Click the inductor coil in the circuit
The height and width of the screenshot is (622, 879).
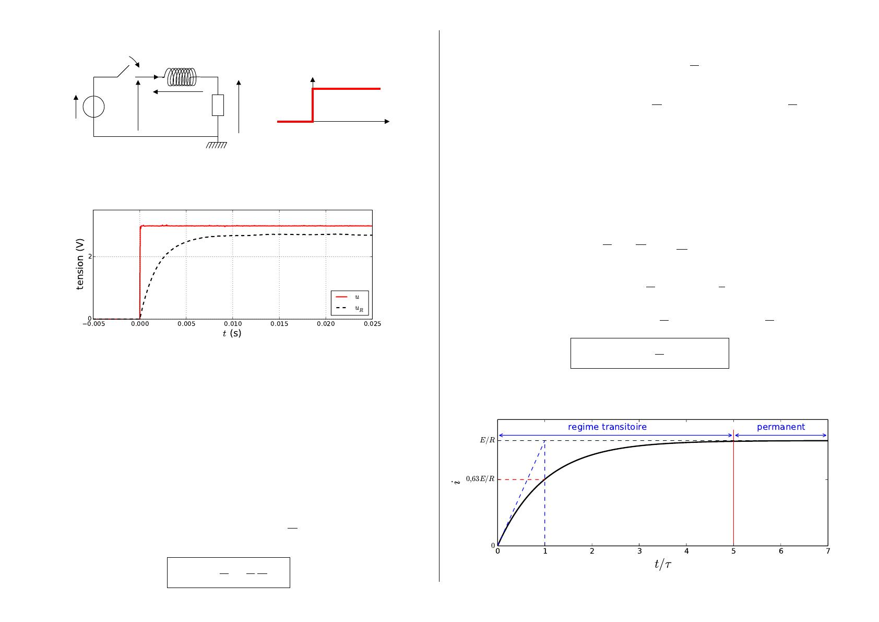[x=181, y=77]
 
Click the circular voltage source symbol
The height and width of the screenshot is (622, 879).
[x=94, y=107]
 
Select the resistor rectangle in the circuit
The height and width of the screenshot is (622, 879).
[x=218, y=105]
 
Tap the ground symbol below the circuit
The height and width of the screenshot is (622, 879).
[x=216, y=145]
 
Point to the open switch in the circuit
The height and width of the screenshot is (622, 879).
[x=123, y=72]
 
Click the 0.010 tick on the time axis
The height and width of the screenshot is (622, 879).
[x=233, y=324]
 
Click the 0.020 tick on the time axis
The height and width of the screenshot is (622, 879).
[x=326, y=324]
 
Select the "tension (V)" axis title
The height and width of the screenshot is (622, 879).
[x=80, y=264]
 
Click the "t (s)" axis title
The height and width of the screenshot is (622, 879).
[x=232, y=333]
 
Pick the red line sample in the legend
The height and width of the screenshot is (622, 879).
[x=342, y=297]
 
